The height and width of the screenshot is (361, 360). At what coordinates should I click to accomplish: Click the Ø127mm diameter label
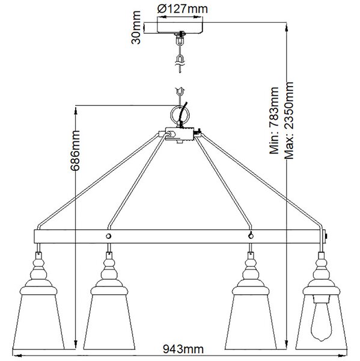click(x=183, y=9)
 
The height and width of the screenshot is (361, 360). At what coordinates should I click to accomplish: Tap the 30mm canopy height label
click(x=136, y=28)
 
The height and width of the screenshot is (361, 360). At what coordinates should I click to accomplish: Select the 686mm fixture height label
click(x=75, y=150)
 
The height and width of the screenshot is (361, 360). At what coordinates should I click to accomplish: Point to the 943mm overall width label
click(x=183, y=349)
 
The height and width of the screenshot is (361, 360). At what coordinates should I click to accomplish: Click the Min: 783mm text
click(x=274, y=120)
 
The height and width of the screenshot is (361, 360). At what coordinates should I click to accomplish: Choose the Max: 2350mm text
click(x=289, y=120)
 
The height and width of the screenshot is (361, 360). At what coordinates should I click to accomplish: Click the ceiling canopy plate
click(x=180, y=28)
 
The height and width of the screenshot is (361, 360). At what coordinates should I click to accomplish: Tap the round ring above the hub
click(x=180, y=114)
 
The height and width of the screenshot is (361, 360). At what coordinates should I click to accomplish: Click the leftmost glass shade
click(x=38, y=318)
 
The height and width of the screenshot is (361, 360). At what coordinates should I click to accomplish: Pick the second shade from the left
click(x=109, y=318)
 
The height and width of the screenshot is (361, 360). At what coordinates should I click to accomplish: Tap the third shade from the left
click(x=251, y=318)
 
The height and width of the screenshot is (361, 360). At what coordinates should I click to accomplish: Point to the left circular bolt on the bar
click(x=109, y=236)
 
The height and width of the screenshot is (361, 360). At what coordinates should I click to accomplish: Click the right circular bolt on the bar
click(x=251, y=236)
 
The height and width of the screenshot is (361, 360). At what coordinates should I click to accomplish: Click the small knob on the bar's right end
click(x=326, y=236)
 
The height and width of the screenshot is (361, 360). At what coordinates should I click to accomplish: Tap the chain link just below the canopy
click(x=180, y=41)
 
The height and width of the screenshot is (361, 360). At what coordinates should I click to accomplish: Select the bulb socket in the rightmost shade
click(x=322, y=299)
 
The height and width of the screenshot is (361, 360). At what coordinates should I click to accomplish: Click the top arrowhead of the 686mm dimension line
click(x=76, y=111)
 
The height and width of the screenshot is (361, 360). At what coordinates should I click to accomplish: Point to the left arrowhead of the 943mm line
click(x=17, y=356)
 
